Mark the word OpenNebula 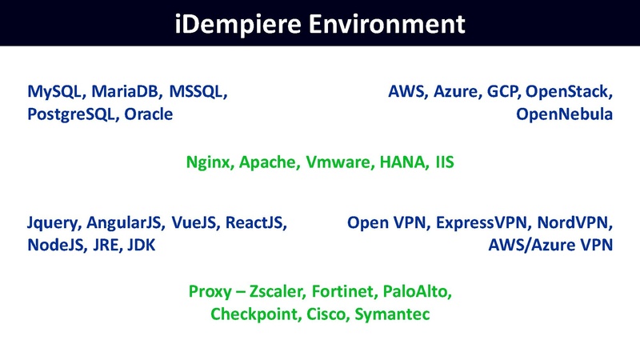pos(564,114)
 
